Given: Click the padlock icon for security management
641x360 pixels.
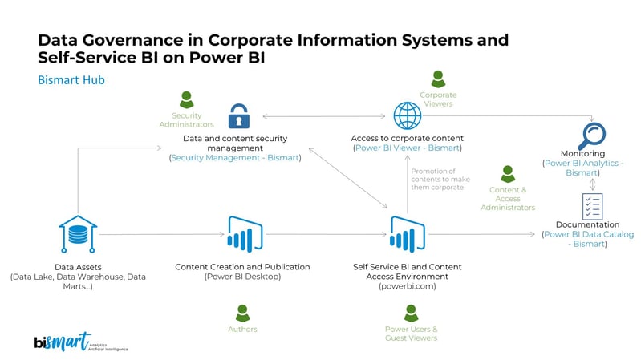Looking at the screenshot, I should tap(238, 116).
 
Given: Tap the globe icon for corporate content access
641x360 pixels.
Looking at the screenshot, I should tap(407, 116).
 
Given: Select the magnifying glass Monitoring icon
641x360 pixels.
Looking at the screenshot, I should tap(593, 134).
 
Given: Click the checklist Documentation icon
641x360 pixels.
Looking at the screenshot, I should tap(592, 206).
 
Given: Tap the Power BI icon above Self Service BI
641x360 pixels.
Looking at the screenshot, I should tap(407, 234).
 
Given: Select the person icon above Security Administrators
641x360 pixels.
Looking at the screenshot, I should tap(186, 100).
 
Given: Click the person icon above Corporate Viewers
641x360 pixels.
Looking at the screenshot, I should tap(438, 79).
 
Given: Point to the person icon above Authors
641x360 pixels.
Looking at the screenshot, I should tap(242, 313).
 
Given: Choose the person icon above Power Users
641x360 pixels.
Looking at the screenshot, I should tap(411, 313).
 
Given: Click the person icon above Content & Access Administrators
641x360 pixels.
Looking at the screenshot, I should tap(507, 173).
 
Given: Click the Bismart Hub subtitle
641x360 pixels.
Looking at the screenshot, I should tap(71, 80).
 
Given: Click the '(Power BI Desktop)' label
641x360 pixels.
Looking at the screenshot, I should tap(242, 277).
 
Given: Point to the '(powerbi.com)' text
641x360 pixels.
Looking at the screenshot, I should tap(407, 285).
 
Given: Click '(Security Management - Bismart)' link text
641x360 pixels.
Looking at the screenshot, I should tap(234, 158).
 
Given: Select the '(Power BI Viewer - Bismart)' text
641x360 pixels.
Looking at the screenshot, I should tap(407, 148).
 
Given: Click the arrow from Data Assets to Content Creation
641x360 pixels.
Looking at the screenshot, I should tap(160, 234).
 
